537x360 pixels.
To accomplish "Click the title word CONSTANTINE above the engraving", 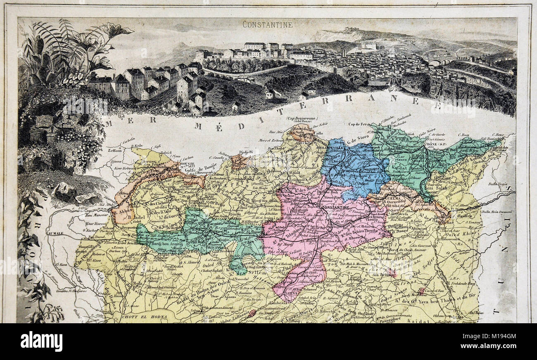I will click(x=268, y=24).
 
